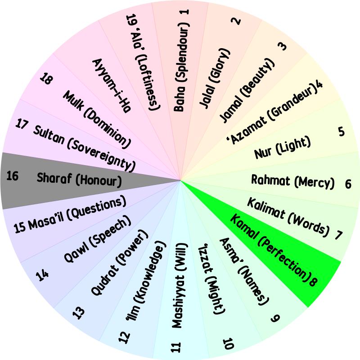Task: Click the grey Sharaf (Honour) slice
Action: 69,181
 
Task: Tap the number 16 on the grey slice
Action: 12,176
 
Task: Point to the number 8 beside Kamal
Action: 313,280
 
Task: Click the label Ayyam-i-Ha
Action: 111,85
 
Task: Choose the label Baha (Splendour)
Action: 181,69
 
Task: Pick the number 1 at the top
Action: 185,12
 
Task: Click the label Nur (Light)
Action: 283,147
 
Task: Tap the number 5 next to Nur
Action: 342,132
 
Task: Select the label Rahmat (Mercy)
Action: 293,182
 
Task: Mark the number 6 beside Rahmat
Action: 348,184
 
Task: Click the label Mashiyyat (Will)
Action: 180,285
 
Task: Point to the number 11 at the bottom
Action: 176,347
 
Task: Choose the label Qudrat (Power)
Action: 119,262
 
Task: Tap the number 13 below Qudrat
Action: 78,313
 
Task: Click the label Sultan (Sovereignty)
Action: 84,149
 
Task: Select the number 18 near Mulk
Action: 46,79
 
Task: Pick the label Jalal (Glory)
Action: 215,78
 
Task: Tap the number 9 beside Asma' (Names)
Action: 275,318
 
